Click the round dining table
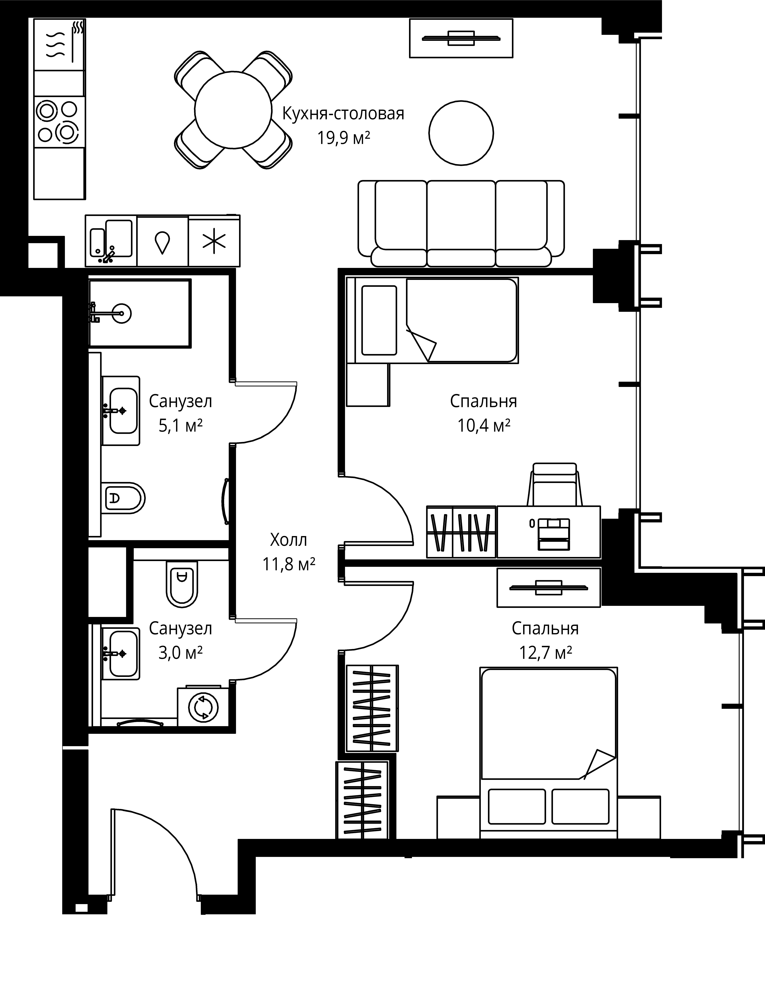click(x=233, y=109)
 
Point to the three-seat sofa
click(x=461, y=223)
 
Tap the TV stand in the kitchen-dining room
click(x=461, y=38)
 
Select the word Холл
click(x=288, y=540)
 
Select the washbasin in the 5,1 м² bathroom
click(x=120, y=410)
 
